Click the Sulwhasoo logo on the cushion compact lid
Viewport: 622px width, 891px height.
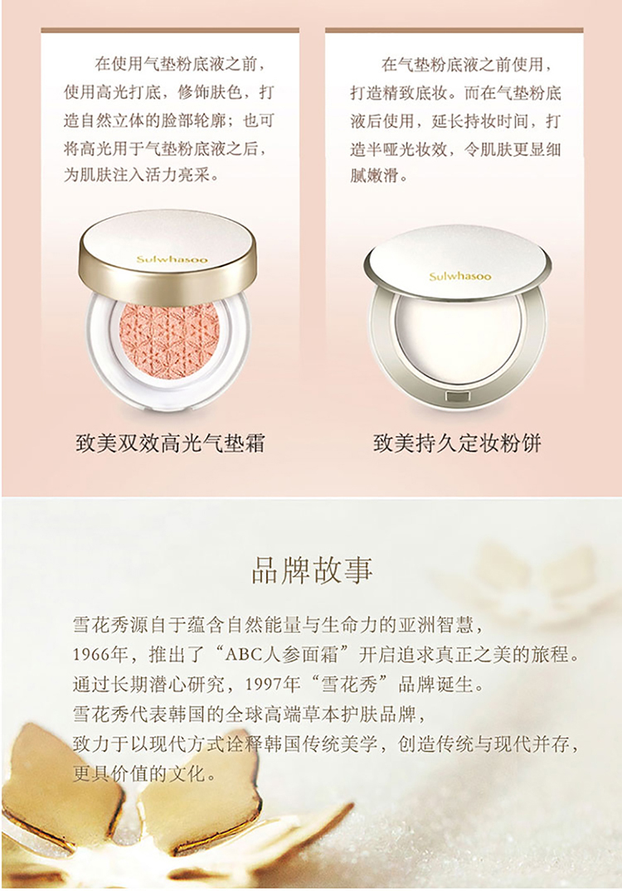pyautogui.click(x=172, y=259)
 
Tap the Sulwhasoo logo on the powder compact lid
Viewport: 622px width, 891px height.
pyautogui.click(x=460, y=277)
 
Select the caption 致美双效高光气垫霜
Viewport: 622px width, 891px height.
pyautogui.click(x=170, y=443)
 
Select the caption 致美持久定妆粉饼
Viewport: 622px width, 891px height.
pyautogui.click(x=457, y=443)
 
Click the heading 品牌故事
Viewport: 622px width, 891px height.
pyautogui.click(x=312, y=570)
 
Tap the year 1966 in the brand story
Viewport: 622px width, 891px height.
pyautogui.click(x=91, y=655)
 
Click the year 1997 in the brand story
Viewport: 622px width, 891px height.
pyautogui.click(x=263, y=684)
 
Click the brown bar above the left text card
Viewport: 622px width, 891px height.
pyautogui.click(x=170, y=30)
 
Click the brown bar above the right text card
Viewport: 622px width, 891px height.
pyautogui.click(x=454, y=30)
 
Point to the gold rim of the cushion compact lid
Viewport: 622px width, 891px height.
pyautogui.click(x=168, y=284)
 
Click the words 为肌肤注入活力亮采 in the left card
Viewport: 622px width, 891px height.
pyautogui.click(x=141, y=175)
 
